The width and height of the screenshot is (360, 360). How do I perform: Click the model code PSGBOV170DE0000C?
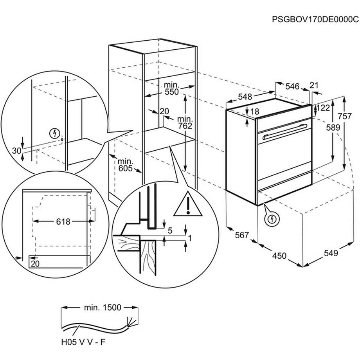click(x=315, y=19)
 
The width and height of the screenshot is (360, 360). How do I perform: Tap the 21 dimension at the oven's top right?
click(x=314, y=86)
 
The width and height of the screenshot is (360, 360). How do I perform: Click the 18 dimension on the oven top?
click(x=254, y=112)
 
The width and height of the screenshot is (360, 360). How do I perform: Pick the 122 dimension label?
click(x=323, y=108)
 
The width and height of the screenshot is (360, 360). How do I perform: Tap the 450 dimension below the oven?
click(x=279, y=256)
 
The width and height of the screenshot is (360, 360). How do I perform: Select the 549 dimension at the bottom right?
click(x=331, y=253)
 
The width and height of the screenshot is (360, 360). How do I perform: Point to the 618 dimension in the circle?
click(x=63, y=222)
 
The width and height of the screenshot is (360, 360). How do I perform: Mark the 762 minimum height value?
click(x=185, y=126)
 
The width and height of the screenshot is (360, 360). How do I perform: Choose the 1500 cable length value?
click(x=109, y=308)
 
